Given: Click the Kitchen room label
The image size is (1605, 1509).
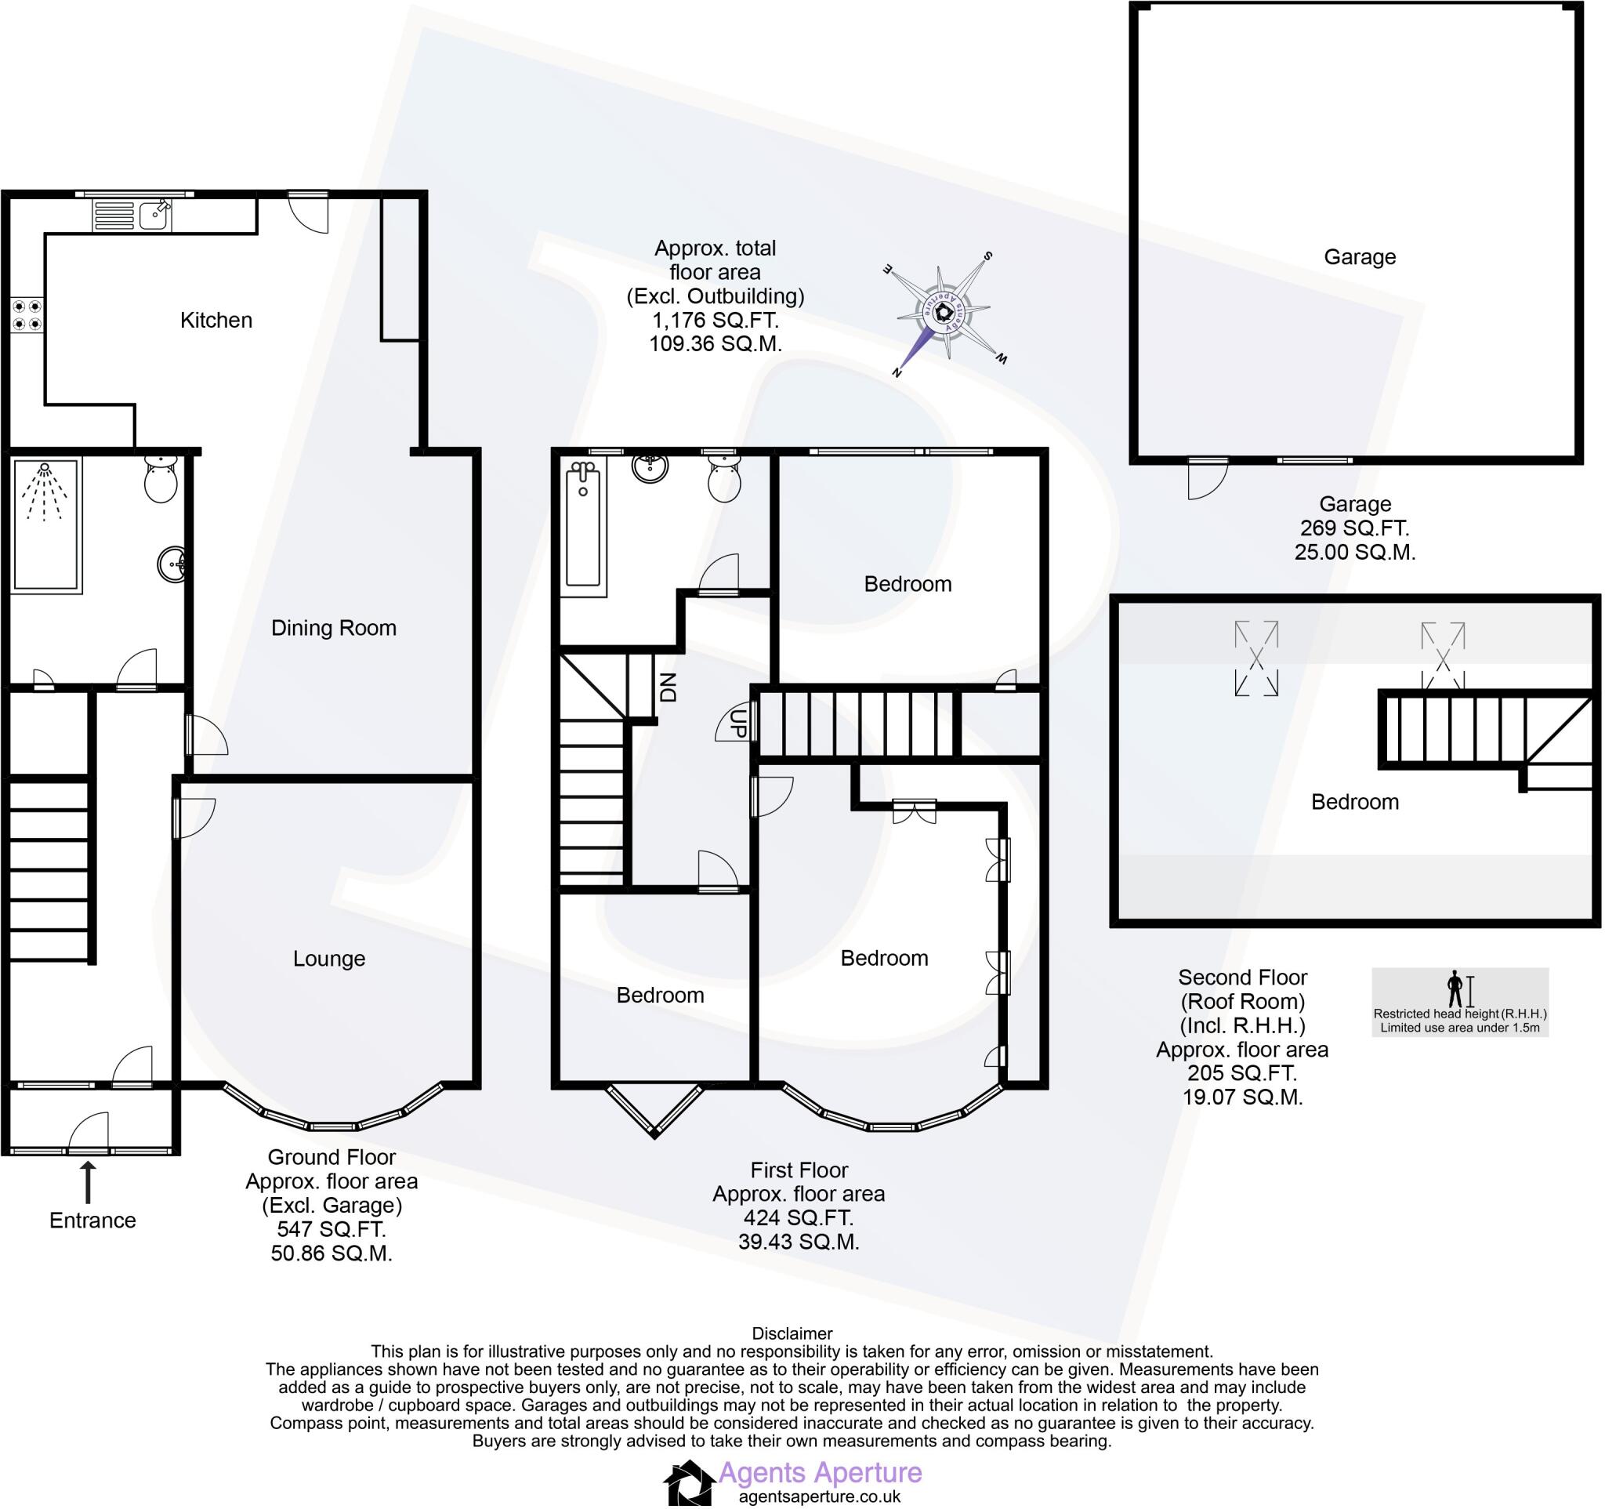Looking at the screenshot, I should (216, 321).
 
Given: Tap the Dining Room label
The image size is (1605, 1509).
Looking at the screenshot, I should (333, 628).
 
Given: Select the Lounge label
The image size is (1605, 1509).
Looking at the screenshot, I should (328, 959).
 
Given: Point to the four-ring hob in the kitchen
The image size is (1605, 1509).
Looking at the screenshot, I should (27, 316).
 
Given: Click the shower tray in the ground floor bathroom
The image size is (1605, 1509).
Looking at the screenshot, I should (46, 524).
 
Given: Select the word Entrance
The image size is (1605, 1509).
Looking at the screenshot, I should (92, 1220).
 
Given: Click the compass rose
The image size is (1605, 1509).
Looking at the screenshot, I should (944, 312).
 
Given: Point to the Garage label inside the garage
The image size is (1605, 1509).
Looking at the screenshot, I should (1360, 258).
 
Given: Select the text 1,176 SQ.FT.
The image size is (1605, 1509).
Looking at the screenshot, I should (715, 321).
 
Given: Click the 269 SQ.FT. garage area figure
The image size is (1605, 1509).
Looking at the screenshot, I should (1354, 528).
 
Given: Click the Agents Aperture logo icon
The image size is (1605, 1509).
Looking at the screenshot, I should (689, 1482).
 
